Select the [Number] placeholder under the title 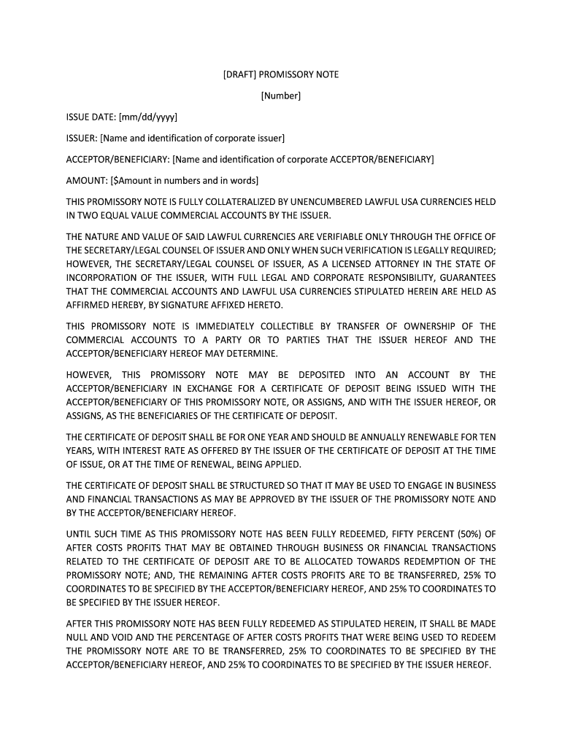coord(281,96)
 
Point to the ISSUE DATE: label coord(91,117)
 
